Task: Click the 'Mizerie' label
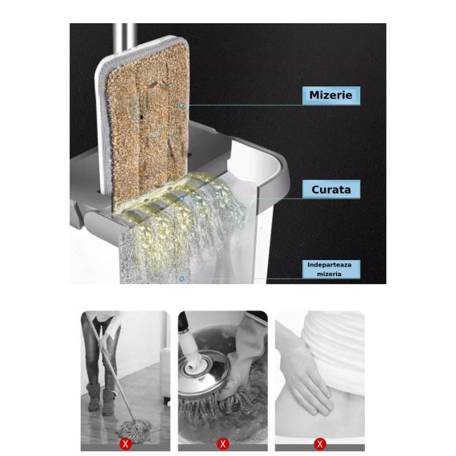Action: (x=331, y=95)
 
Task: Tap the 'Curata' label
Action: (x=331, y=190)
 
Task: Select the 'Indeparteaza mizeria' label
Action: (x=331, y=270)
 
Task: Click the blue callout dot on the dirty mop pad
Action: (x=182, y=106)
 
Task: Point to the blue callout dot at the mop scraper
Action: (x=182, y=198)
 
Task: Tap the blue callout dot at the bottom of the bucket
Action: (x=182, y=279)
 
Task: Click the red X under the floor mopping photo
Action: (x=126, y=444)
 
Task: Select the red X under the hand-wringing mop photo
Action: (x=222, y=444)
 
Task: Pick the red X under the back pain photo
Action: (x=320, y=444)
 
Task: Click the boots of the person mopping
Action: (x=101, y=399)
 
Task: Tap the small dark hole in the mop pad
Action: (x=142, y=117)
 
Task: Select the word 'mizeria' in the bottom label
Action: (x=329, y=274)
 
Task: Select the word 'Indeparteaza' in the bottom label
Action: (x=330, y=265)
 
